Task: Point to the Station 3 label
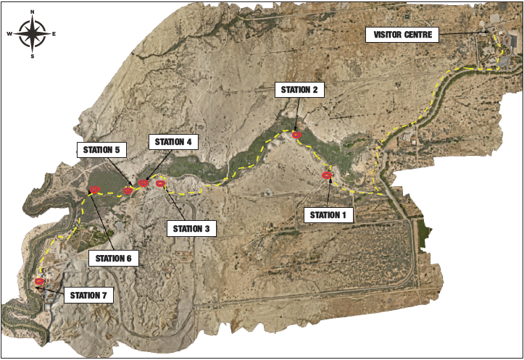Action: (x=191, y=229)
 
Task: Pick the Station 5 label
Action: (x=101, y=150)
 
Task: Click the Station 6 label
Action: (x=115, y=257)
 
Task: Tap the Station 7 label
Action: (x=89, y=296)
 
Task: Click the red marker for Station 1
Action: (x=327, y=175)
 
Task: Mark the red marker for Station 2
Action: (x=296, y=135)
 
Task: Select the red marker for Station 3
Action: (x=160, y=183)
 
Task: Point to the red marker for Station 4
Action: (x=144, y=183)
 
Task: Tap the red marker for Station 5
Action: (x=128, y=191)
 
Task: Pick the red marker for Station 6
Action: (x=94, y=191)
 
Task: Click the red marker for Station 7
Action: (x=39, y=281)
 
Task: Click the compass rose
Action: (x=33, y=33)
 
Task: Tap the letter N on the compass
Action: (x=33, y=12)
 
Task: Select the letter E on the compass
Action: (x=54, y=34)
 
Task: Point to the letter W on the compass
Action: (x=9, y=34)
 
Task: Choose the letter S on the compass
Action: (x=33, y=55)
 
